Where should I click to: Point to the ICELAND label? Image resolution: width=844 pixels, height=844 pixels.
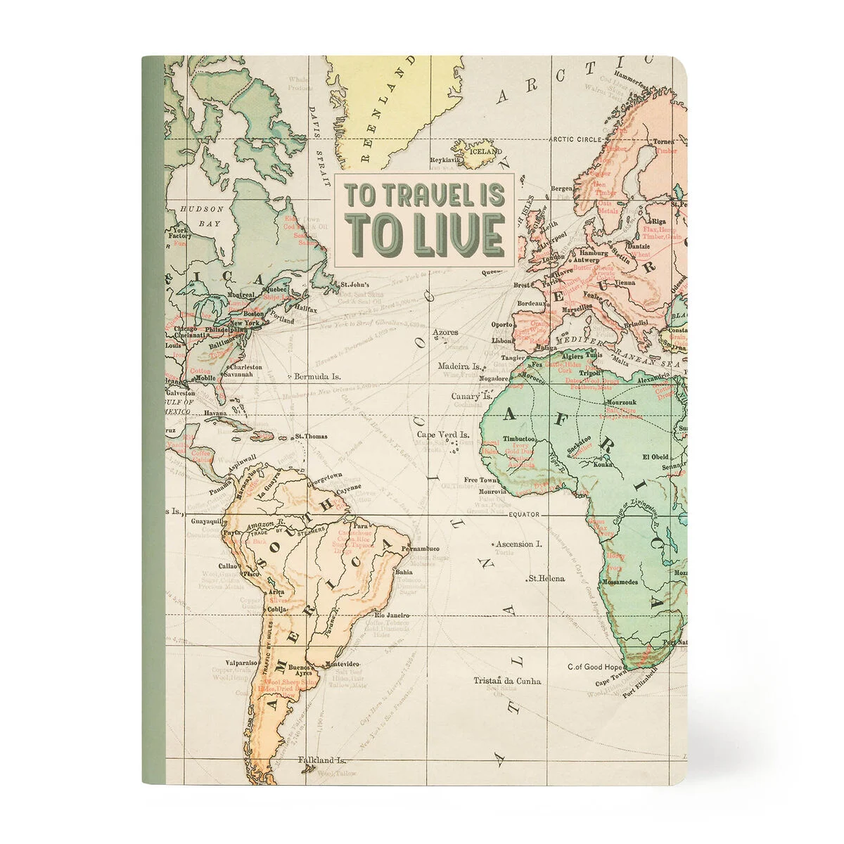point(486,151)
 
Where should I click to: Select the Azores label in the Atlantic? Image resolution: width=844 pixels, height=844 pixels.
point(445,331)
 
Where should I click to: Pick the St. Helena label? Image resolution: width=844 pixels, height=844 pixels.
point(546,578)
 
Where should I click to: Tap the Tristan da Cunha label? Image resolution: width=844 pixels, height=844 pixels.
point(507,681)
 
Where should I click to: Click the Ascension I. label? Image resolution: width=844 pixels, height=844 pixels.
point(538,544)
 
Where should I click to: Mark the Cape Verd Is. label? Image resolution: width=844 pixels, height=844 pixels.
point(444,435)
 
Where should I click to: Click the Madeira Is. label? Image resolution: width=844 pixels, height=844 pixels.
point(459,366)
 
